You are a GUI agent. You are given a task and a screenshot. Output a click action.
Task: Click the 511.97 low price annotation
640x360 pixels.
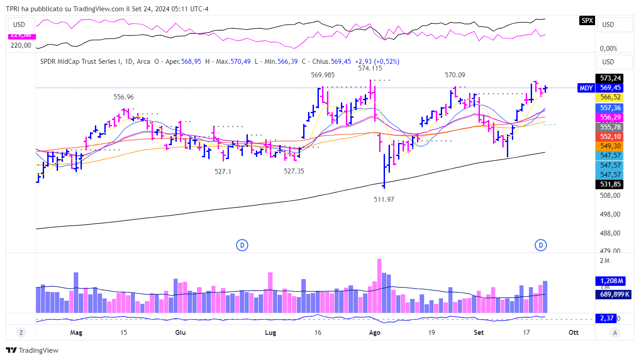(384, 199)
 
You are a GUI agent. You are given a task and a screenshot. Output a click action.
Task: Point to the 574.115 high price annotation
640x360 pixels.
(370, 68)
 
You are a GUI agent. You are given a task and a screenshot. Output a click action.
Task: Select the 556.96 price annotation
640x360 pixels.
(123, 97)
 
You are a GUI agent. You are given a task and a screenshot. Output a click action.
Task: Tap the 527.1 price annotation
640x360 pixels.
(223, 171)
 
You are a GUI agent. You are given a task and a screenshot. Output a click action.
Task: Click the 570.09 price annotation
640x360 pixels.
(455, 75)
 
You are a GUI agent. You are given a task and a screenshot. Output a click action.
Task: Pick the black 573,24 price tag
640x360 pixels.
(608, 79)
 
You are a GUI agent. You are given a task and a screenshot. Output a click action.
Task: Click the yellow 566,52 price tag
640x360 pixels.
(608, 97)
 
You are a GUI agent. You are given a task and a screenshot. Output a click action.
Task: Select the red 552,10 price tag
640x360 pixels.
(608, 137)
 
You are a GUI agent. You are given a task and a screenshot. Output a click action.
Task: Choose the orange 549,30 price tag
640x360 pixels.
(608, 146)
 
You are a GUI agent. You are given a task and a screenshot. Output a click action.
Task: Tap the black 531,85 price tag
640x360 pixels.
(608, 184)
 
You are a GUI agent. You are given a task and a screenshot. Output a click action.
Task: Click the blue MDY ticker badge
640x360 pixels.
(586, 88)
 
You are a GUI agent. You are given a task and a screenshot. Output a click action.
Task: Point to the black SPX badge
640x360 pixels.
(586, 21)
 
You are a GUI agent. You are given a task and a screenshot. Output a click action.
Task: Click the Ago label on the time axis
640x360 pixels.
(375, 333)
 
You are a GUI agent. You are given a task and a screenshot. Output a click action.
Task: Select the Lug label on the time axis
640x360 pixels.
(271, 333)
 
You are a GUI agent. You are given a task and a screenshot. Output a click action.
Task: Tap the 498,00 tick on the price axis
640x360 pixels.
(610, 214)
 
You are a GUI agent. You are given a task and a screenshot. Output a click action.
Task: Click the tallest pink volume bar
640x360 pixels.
(379, 285)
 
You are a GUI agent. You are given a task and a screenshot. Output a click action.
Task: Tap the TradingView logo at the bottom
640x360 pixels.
(32, 351)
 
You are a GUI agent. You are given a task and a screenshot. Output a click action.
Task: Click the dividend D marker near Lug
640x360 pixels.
(242, 245)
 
